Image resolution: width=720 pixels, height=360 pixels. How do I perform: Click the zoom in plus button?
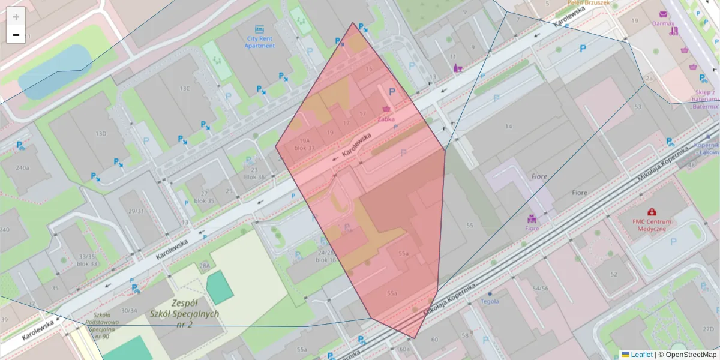[x=16, y=17]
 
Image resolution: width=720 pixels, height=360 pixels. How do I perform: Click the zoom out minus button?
[x=16, y=35]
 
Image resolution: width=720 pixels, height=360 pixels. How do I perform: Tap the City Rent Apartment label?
[x=260, y=42]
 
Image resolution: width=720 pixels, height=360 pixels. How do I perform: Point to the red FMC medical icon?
[x=652, y=211]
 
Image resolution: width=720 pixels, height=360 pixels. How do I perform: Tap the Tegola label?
[x=490, y=301]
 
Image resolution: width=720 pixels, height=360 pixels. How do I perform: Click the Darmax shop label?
[x=663, y=24]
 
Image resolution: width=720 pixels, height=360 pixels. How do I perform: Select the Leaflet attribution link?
[x=641, y=355]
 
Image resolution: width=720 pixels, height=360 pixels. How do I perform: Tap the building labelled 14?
[x=509, y=126]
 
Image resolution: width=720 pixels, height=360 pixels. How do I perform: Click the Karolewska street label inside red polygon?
[x=356, y=146]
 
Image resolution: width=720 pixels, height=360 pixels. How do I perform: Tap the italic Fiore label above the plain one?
[x=539, y=176]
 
